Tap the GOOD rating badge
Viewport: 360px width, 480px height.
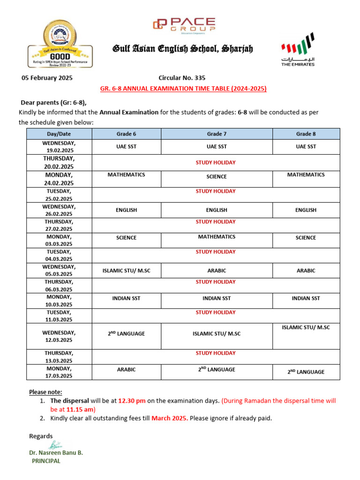pos(60,45)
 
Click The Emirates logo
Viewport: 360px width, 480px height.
pos(298,50)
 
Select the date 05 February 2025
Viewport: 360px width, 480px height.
pos(47,78)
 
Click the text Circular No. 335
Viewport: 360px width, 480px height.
pos(182,78)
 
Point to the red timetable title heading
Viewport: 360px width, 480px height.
pos(183,89)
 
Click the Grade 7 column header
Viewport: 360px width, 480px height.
pos(217,134)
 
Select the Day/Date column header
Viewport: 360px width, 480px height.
pos(60,134)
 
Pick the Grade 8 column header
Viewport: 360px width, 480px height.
pos(306,134)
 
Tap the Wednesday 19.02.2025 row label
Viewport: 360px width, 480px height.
pos(60,147)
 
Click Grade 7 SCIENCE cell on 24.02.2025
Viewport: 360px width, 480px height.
pos(217,177)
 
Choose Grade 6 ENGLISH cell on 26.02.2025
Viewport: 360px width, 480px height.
pos(126,210)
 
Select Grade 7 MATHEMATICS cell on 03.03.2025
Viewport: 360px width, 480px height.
pos(217,237)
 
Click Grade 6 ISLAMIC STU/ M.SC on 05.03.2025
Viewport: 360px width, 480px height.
pos(126,270)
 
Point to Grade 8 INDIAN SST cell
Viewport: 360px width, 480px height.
pos(306,298)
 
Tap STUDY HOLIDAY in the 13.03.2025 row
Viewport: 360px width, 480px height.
pos(216,353)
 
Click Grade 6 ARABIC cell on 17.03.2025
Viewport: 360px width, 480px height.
pos(126,369)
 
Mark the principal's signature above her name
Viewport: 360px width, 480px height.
pos(55,445)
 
